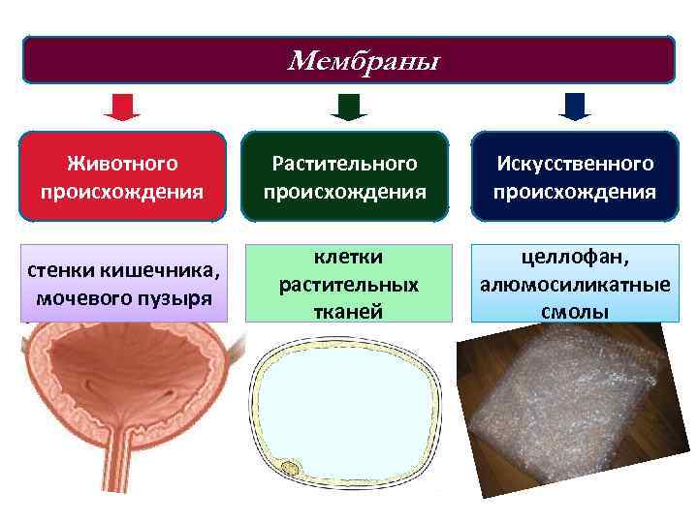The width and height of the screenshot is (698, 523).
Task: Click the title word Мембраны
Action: click(x=363, y=62)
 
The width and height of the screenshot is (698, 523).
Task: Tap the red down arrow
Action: click(x=122, y=106)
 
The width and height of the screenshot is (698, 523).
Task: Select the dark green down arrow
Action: click(x=348, y=106)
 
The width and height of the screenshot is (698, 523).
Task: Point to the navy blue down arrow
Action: click(x=575, y=106)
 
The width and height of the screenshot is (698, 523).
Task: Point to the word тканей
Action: click(x=348, y=311)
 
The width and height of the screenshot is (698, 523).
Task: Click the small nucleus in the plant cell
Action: click(x=290, y=469)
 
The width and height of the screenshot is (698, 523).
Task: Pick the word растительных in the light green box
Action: click(x=348, y=285)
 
